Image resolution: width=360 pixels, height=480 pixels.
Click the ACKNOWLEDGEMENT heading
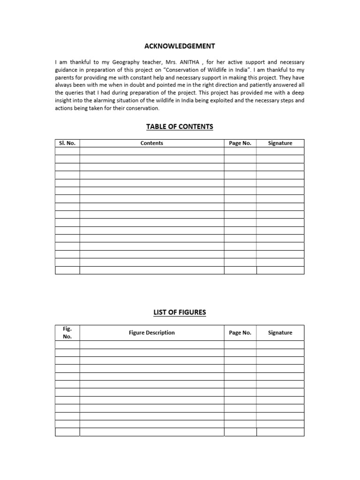point(180,46)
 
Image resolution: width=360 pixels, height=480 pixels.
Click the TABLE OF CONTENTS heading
point(180,127)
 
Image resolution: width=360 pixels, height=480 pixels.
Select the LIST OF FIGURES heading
point(180,312)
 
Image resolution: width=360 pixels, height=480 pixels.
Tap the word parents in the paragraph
point(65,77)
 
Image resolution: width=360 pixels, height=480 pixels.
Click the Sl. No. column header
point(67,143)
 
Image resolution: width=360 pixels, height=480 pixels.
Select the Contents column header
point(151,143)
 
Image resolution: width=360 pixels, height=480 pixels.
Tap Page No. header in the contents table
point(240,143)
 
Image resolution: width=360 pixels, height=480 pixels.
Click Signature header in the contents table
point(280,143)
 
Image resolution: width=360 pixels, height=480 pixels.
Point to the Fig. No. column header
point(67,333)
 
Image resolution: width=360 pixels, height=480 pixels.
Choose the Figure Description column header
point(151,333)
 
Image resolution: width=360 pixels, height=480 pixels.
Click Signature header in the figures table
point(280,333)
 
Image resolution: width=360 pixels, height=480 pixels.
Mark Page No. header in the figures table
point(240,333)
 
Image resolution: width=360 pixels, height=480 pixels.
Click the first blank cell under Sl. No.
point(67,151)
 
